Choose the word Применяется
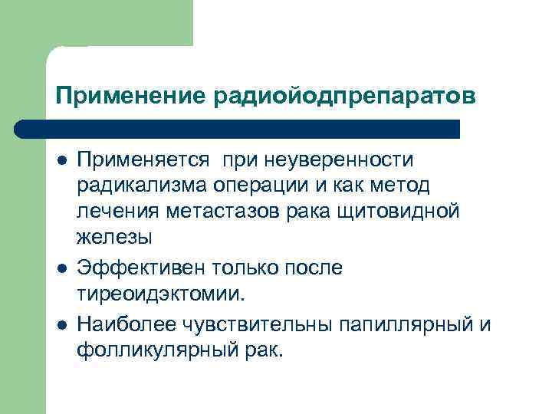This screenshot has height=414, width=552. pos(143,159)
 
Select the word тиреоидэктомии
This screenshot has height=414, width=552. pos(162,294)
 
